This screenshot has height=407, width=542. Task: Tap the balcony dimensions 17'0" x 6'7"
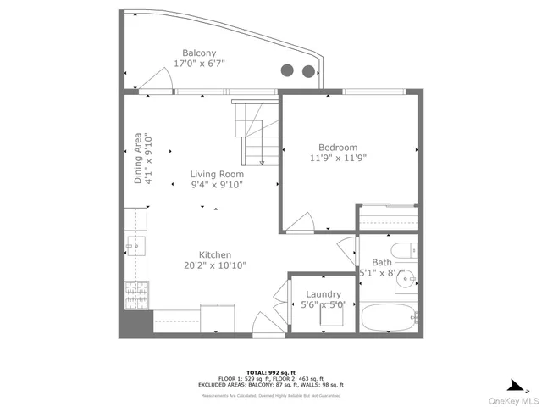click(199, 64)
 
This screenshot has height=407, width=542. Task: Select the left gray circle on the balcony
click(287, 70)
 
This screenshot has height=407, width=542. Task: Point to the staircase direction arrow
click(262, 161)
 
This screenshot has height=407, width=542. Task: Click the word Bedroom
click(338, 147)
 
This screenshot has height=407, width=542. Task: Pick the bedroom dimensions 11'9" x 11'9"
click(338, 158)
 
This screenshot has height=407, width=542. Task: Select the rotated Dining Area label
click(143, 159)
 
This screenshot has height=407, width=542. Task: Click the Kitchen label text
click(215, 254)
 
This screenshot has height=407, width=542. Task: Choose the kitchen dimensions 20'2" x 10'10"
click(215, 265)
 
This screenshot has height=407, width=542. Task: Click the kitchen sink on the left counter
click(135, 246)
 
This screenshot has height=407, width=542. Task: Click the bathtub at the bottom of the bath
click(389, 320)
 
